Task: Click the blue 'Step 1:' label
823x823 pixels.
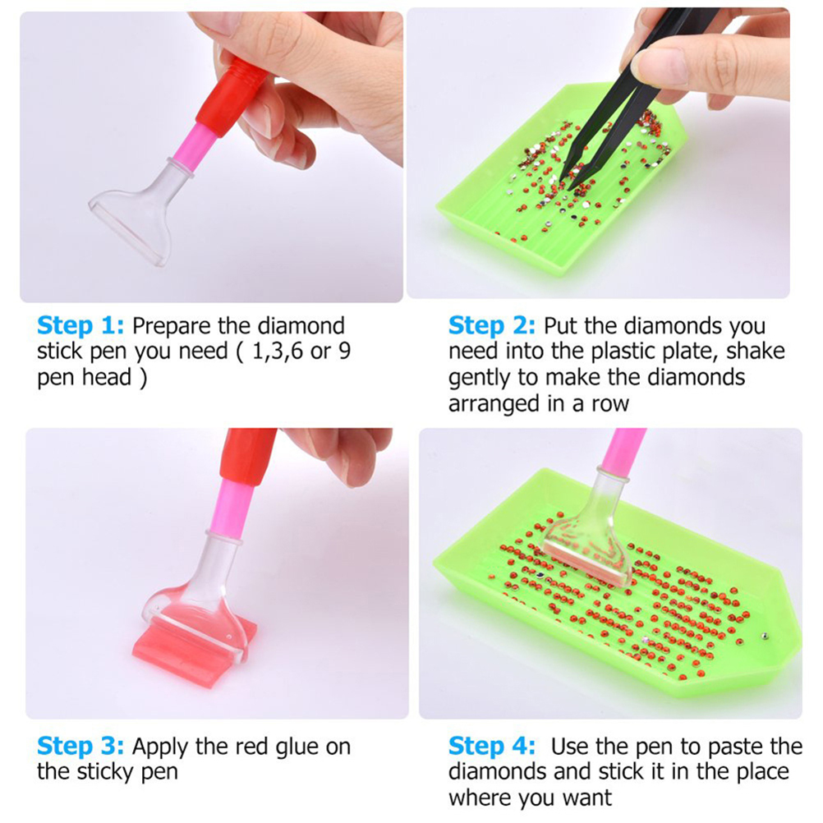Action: point(80,325)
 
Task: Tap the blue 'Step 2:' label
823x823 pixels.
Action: point(492,325)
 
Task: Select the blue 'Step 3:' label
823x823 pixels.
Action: point(80,746)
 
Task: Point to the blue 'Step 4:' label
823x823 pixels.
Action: point(492,746)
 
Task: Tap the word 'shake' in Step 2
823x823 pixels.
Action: point(756,352)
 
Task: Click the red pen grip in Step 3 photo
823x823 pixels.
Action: point(246,456)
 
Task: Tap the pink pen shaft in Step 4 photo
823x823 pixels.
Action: point(623,452)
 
